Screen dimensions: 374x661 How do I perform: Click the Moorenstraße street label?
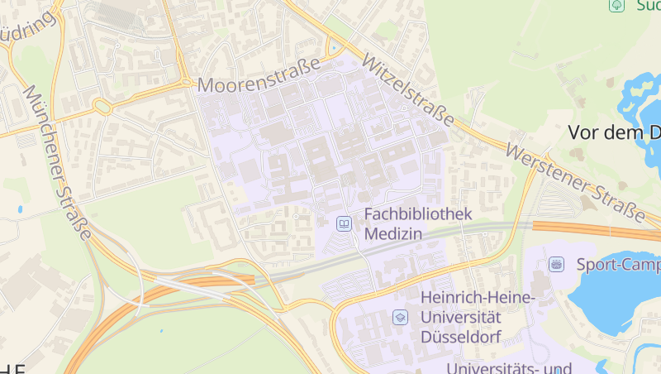(258, 84)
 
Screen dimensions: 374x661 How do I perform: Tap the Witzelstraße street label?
(407, 92)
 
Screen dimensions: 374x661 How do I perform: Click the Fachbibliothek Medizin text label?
(417, 224)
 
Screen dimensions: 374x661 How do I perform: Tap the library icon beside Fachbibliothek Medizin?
(343, 223)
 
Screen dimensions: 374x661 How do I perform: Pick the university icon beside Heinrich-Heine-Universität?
(400, 317)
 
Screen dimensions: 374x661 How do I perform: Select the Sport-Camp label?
(617, 265)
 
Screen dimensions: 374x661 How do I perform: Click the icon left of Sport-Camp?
(557, 264)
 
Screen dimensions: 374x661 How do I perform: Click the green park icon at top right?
(616, 6)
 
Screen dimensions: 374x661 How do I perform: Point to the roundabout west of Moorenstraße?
(102, 106)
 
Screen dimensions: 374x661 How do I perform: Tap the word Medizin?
(393, 234)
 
